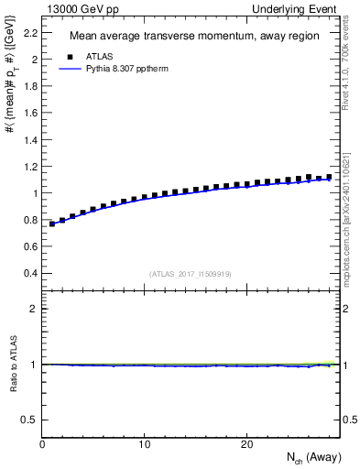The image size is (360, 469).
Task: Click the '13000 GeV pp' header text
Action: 80,8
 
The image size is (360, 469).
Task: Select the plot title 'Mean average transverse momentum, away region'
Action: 194,37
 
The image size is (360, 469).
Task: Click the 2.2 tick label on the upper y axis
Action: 31,33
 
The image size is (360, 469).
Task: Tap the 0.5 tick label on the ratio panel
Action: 31,420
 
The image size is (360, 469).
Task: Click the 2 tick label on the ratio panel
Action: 35,309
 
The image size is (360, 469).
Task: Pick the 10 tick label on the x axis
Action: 145,444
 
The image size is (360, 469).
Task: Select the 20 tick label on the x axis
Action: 246,444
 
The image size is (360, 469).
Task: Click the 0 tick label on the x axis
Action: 43,444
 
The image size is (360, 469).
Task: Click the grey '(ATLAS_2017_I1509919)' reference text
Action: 191,274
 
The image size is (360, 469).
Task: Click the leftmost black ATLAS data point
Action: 52,223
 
